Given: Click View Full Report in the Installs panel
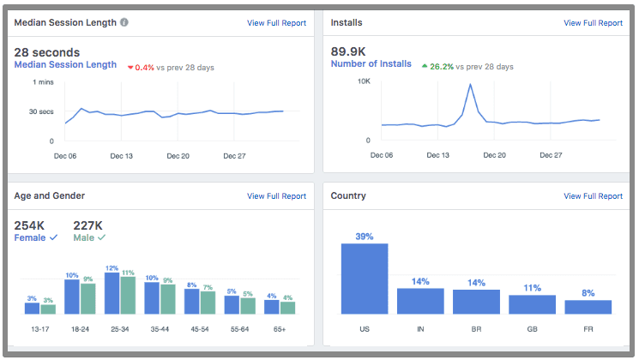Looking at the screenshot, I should click(x=593, y=23).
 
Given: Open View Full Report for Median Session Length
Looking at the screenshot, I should click(x=276, y=23).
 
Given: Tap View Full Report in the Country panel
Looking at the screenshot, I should click(x=593, y=196).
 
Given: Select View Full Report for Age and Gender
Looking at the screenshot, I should click(x=276, y=196).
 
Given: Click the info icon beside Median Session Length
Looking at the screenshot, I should click(x=124, y=22).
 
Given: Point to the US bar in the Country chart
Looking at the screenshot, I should click(x=365, y=279).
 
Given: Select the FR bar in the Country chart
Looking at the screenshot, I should click(x=588, y=307).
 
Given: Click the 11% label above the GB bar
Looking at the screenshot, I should click(x=532, y=288).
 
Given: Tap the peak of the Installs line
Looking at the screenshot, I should click(x=470, y=84).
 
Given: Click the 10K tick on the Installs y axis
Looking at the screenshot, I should click(x=363, y=81).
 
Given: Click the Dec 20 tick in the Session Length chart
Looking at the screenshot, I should click(x=178, y=156).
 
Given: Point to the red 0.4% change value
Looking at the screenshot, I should click(x=144, y=67).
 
